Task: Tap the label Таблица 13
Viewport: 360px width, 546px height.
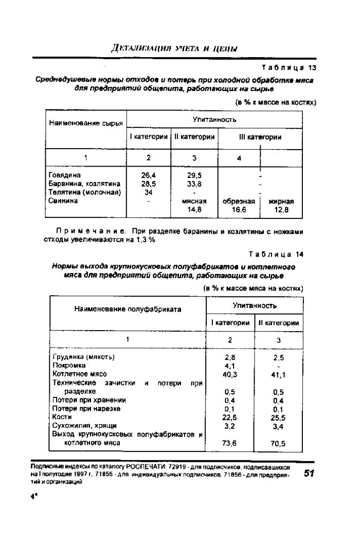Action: click(289, 67)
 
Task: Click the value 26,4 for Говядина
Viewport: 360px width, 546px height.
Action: click(148, 175)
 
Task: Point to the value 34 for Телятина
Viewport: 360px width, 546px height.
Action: click(148, 192)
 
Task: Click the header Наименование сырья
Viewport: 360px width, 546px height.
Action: click(85, 123)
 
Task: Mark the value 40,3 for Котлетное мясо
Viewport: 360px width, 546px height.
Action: click(230, 374)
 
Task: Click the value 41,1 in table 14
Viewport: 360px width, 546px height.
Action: click(278, 375)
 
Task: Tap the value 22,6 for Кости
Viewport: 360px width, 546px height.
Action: click(230, 417)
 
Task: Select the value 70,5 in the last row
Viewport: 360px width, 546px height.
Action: click(278, 443)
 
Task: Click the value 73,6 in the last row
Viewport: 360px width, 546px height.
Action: click(230, 443)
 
